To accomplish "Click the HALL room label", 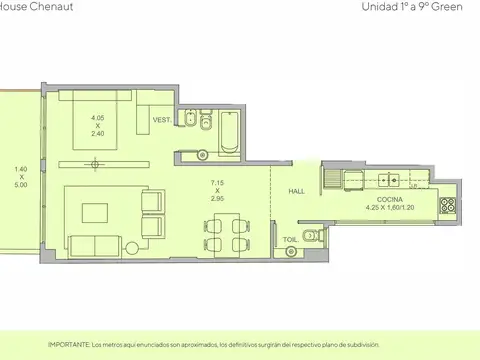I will [x=297, y=191].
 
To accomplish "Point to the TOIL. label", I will [x=290, y=240].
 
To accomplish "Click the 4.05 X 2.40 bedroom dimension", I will [x=98, y=125].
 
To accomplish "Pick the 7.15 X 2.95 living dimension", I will [x=217, y=191].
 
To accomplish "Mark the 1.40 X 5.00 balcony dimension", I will [x=21, y=177].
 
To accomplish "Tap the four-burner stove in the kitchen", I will [x=446, y=209].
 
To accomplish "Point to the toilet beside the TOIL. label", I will [x=312, y=236].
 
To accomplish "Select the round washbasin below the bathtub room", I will [x=199, y=153].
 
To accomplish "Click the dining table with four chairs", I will [x=224, y=235].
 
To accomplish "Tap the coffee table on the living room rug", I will [x=96, y=211].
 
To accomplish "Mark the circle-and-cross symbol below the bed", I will [x=94, y=163].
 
